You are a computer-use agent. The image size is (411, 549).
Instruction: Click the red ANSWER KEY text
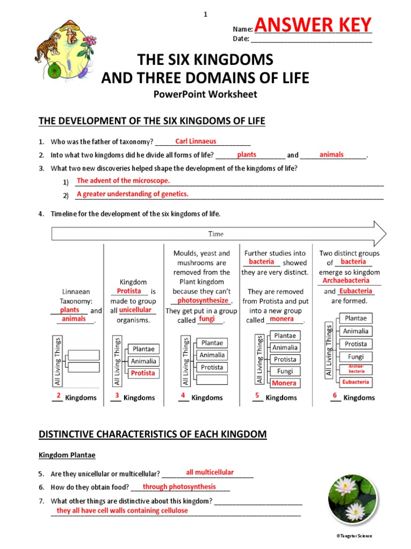coord(313,25)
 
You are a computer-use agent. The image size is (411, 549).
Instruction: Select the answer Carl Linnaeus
coord(196,142)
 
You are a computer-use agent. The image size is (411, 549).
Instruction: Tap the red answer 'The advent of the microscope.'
coord(123,181)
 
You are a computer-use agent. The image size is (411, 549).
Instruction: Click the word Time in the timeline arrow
coord(216,234)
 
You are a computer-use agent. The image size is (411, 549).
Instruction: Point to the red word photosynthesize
coord(203,301)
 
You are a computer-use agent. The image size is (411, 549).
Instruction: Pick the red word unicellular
coord(135,310)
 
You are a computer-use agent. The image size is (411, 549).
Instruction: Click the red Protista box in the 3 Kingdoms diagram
coord(143,373)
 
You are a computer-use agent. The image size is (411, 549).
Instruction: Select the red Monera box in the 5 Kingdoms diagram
coord(284,383)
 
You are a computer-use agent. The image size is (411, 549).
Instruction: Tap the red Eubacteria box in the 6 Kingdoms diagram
coord(356,382)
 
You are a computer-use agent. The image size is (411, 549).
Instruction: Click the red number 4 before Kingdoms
coord(183,396)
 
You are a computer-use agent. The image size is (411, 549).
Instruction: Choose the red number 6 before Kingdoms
coord(334,396)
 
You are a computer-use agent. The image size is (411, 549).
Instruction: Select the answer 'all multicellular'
coord(210,472)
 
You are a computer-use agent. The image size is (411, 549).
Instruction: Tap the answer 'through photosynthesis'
coord(179,487)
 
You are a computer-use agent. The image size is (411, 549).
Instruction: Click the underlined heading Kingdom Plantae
coord(67,455)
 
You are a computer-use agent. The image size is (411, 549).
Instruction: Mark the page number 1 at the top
coord(205,14)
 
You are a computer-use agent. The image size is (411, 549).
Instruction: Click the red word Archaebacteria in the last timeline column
coord(346,280)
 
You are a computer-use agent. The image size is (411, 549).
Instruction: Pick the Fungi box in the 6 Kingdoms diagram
coord(356,357)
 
